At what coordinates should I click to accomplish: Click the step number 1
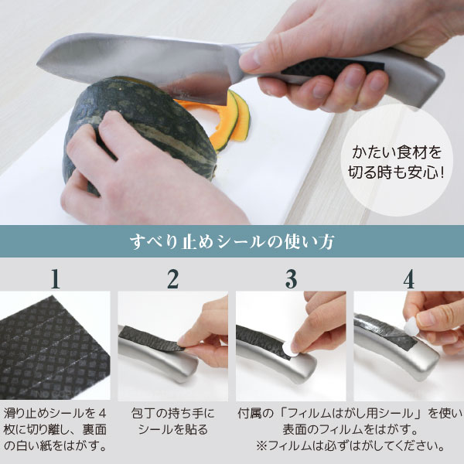coord(56,278)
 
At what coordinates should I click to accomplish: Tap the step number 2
coord(173,278)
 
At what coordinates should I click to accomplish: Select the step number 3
coord(292,278)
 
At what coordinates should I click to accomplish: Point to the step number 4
coord(408,278)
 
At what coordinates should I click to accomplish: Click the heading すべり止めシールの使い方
coord(232,241)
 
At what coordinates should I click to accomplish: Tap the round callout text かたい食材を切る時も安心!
coord(397,162)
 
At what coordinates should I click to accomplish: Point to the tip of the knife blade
coord(38,63)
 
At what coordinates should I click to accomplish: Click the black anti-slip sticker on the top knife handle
coord(332,70)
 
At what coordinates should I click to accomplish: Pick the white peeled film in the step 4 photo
coord(411,326)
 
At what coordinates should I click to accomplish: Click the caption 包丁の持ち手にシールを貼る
coord(172,421)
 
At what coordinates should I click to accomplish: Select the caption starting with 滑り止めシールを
coord(55,430)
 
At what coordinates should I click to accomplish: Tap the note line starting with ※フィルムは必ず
coord(350,445)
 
